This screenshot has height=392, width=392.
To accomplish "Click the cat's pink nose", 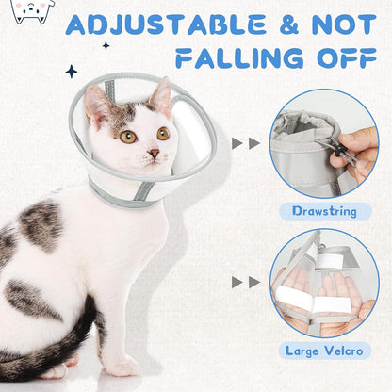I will click(154, 154).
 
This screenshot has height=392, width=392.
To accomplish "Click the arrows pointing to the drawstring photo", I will click(247, 143).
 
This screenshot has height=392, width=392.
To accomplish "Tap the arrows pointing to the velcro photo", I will click(247, 282).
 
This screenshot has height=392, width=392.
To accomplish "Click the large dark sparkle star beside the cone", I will click(72, 72).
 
